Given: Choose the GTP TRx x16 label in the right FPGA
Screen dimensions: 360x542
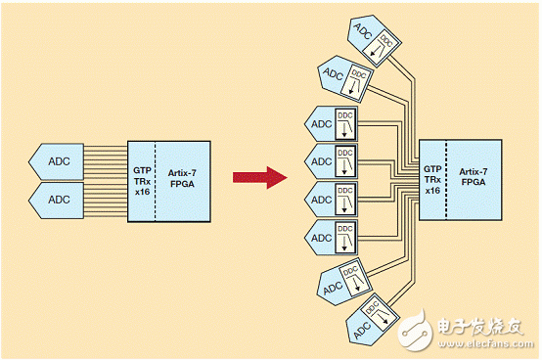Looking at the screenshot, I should [431, 177].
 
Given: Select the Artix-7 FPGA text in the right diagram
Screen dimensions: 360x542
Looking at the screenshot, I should [474, 177].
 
